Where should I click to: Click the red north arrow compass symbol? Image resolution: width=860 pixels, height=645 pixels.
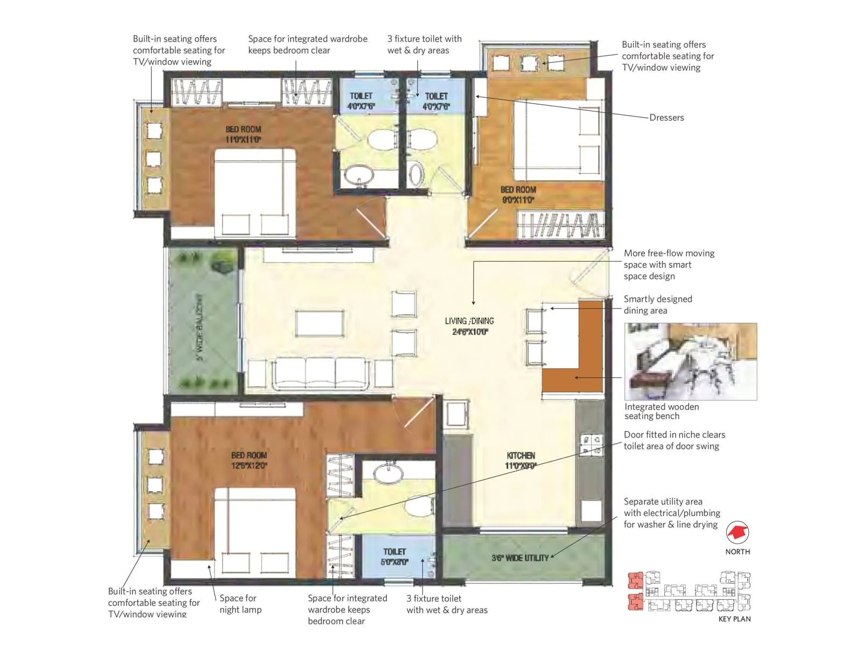point(737,533)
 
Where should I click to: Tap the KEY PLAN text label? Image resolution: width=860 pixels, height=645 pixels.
point(734,619)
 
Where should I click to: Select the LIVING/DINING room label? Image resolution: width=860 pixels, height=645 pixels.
point(469,326)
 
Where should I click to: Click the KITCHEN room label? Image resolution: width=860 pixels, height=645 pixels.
point(520,461)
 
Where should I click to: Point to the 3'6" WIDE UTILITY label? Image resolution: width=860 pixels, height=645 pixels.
point(520,558)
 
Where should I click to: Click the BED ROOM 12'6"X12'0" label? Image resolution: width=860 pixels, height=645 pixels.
point(249,460)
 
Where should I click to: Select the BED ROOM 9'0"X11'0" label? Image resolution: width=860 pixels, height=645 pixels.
point(518,195)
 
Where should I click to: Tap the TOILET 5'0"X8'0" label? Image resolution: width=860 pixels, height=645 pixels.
point(395,557)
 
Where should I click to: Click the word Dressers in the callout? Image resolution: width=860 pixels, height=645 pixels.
point(666,118)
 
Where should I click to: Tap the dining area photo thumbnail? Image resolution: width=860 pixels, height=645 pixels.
point(691,361)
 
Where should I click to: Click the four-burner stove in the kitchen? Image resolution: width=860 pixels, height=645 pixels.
point(591,446)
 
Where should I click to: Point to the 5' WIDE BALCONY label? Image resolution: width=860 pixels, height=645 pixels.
point(199,327)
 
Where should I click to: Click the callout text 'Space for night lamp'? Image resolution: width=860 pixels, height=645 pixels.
point(240,604)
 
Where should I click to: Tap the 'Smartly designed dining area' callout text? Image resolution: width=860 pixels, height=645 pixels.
point(657,305)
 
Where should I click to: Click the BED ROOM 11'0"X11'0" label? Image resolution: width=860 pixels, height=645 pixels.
point(243,134)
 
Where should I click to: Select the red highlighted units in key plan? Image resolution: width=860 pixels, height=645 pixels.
point(636,591)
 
